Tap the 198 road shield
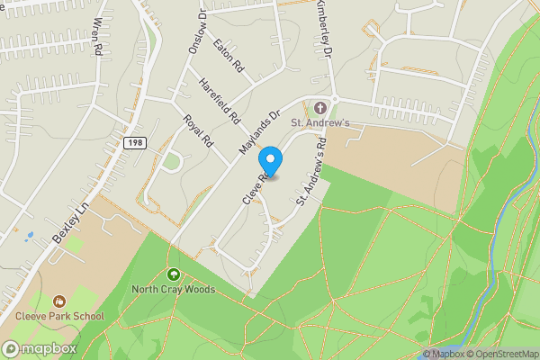pyautogui.click(x=132, y=143)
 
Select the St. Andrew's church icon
pyautogui.click(x=320, y=107)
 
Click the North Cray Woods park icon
pyautogui.click(x=174, y=274)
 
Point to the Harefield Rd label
pyautogui.click(x=220, y=101)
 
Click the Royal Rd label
pyautogui.click(x=196, y=131)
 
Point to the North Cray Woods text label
pyautogui.click(x=174, y=290)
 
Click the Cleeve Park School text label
pyautogui.click(x=59, y=316)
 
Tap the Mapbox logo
pyautogui.click(x=40, y=348)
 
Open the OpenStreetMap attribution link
pyautogui.click(x=501, y=354)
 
